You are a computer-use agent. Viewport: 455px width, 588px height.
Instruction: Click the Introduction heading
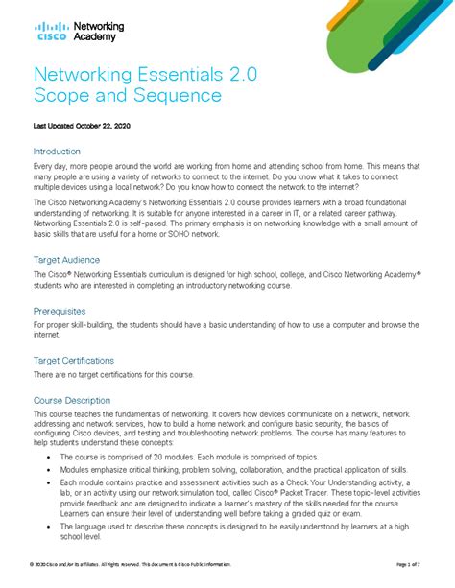click(57, 152)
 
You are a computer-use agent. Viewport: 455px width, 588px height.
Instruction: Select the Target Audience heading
click(68, 260)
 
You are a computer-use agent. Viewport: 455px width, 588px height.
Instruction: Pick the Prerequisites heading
click(63, 311)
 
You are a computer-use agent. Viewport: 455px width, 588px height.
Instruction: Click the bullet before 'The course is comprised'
click(49, 459)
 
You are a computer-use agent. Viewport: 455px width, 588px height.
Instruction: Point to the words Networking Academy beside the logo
click(96, 31)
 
